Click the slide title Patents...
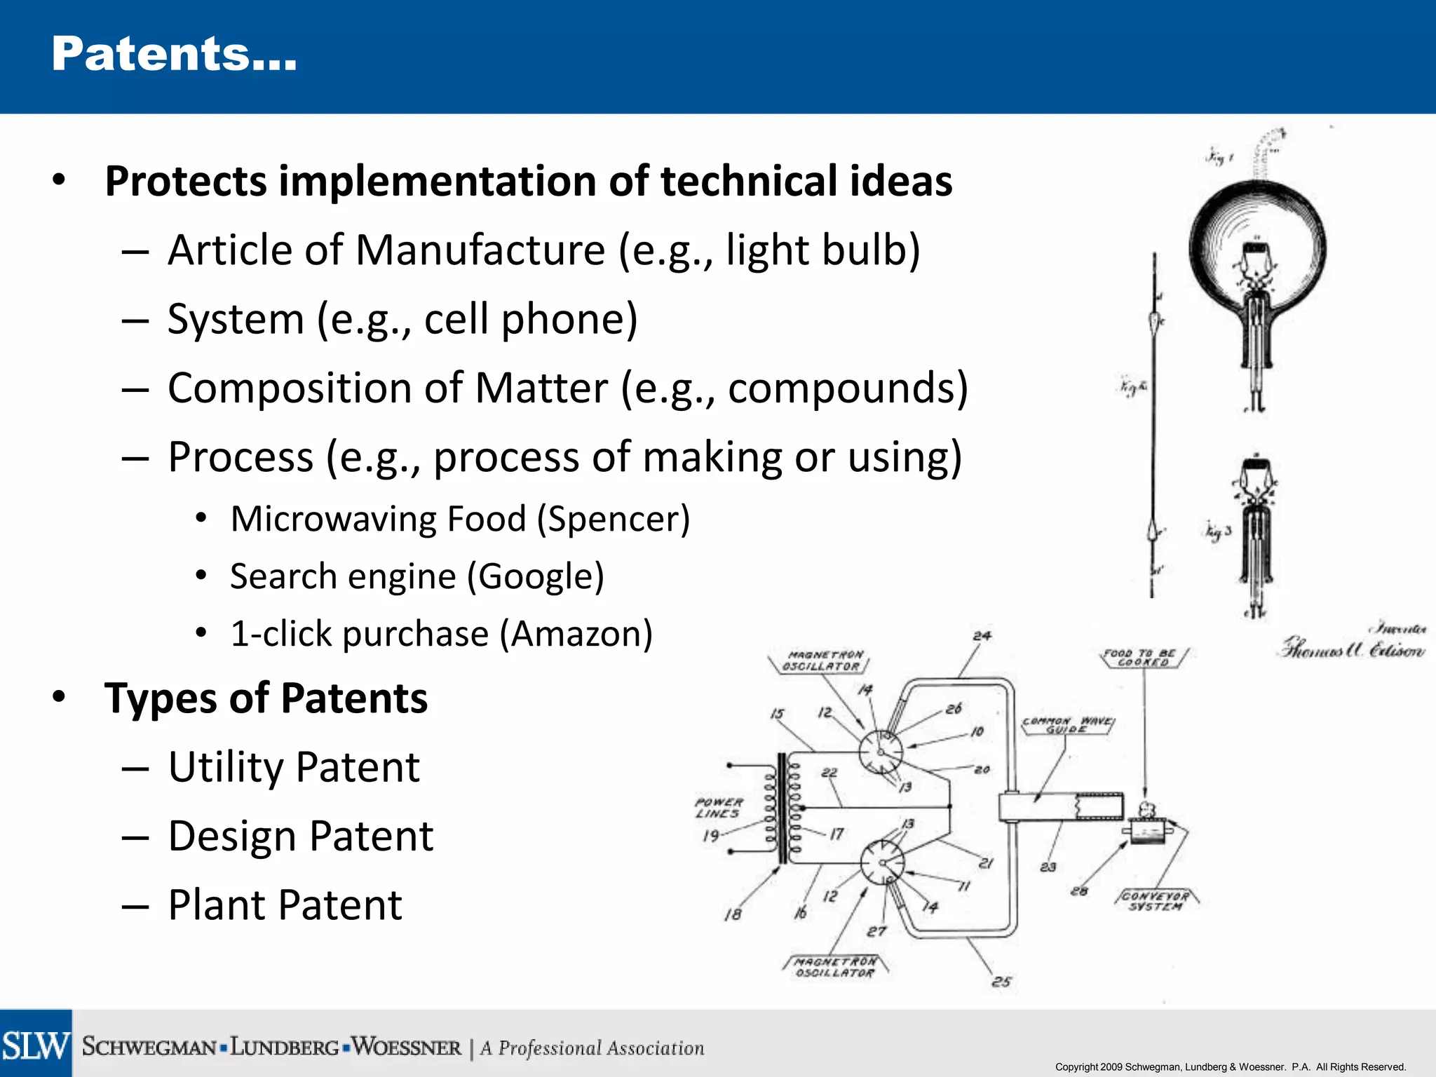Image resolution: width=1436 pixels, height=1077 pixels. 174,55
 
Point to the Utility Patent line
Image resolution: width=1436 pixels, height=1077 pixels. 294,767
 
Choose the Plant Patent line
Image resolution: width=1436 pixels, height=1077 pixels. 285,905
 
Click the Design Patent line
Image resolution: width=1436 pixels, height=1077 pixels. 301,836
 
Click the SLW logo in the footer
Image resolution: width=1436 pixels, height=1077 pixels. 36,1045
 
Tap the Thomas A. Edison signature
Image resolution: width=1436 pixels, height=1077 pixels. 1353,649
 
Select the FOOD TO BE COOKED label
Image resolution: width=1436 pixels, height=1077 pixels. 1142,657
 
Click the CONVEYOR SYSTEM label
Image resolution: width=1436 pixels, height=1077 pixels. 1155,901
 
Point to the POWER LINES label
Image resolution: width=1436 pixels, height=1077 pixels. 718,808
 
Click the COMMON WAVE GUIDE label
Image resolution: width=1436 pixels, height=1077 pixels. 1066,725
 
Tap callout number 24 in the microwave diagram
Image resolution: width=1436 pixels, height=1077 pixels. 982,636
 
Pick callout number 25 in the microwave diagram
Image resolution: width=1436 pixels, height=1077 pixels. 1001,982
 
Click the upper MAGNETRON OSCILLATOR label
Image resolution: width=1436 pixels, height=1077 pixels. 825,661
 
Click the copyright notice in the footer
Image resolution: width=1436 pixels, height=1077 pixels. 1230,1067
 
